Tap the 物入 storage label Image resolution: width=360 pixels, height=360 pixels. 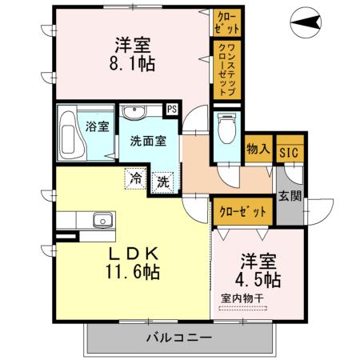tap(258, 149)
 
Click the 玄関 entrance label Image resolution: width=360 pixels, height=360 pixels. tap(289, 195)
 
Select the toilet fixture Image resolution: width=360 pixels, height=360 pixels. tap(226, 126)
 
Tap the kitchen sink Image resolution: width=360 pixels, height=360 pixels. tap(102, 221)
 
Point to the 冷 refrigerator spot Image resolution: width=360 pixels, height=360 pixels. tap(137, 178)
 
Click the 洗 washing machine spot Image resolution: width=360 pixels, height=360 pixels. tap(162, 182)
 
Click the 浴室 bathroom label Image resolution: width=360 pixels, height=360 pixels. tap(98, 126)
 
